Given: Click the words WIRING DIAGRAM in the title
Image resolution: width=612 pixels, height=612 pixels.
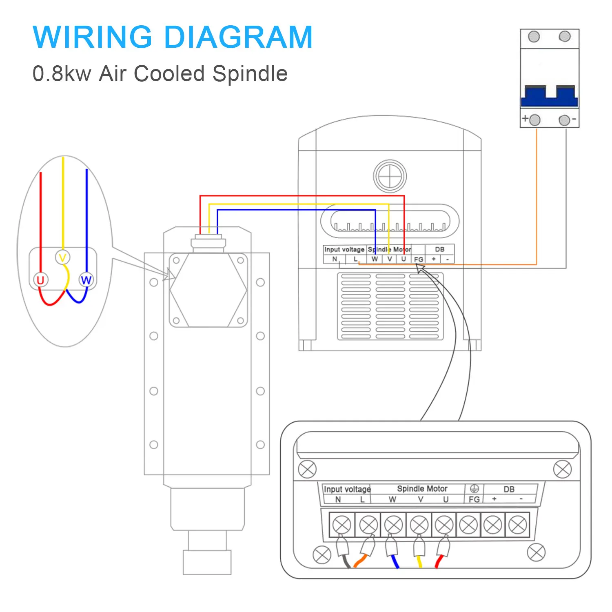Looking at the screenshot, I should click(x=173, y=37).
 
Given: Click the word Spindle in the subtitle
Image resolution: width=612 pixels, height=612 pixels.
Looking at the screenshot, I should click(x=250, y=74).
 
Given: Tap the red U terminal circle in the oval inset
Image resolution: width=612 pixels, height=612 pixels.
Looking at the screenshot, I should click(x=40, y=280).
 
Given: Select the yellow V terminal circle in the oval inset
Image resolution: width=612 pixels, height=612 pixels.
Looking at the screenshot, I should click(x=62, y=257).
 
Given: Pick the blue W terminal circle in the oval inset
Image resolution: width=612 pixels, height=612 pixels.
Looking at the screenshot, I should click(x=86, y=280).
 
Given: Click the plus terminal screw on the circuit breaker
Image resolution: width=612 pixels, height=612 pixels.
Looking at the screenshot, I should click(x=534, y=120).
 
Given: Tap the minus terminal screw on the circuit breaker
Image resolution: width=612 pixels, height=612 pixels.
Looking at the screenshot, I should click(x=564, y=120).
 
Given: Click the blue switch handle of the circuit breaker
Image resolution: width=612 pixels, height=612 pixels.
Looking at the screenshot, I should click(x=549, y=96).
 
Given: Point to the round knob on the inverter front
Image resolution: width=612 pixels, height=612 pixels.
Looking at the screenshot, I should click(x=390, y=176).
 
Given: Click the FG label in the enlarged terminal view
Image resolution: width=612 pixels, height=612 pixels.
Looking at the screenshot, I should click(x=474, y=499).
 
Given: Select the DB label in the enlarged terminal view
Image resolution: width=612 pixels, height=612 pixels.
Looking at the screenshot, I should click(x=509, y=489).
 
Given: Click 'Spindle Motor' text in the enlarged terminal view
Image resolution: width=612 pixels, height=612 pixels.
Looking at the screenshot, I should click(x=422, y=488).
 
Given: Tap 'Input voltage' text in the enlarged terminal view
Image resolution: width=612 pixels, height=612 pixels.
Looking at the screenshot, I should click(x=347, y=489).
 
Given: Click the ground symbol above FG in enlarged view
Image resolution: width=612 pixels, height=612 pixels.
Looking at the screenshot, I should click(x=474, y=488).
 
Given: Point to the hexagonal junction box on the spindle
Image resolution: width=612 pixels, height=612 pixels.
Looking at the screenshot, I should click(x=208, y=290).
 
